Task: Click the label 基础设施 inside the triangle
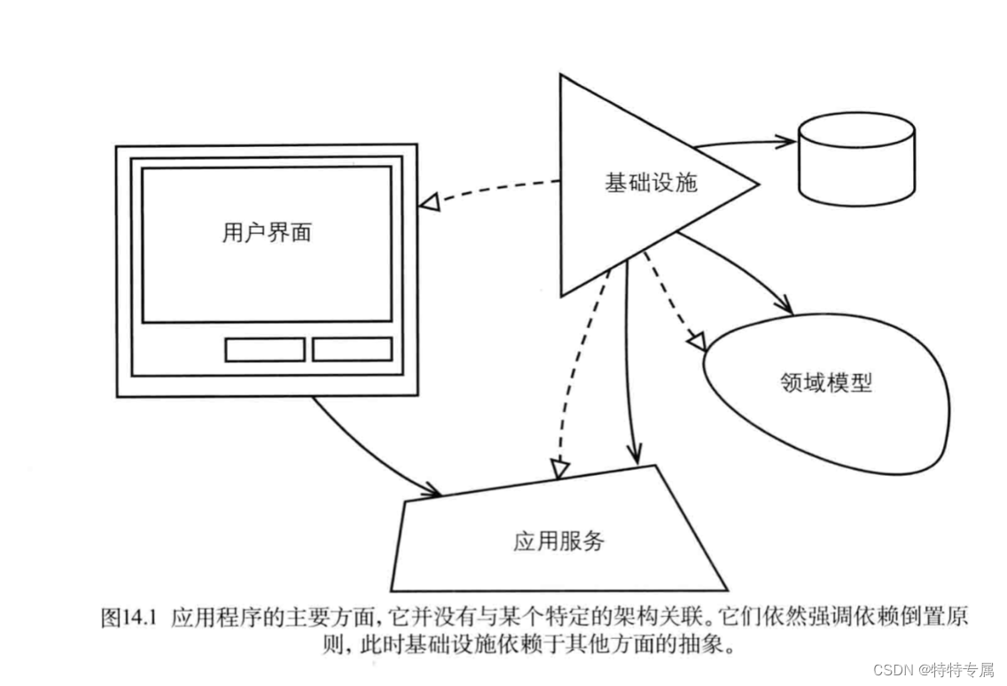(x=651, y=183)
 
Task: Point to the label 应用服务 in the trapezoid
(x=559, y=540)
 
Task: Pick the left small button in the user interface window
(x=264, y=349)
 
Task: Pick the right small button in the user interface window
(x=352, y=349)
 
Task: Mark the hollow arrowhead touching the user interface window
(x=429, y=203)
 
